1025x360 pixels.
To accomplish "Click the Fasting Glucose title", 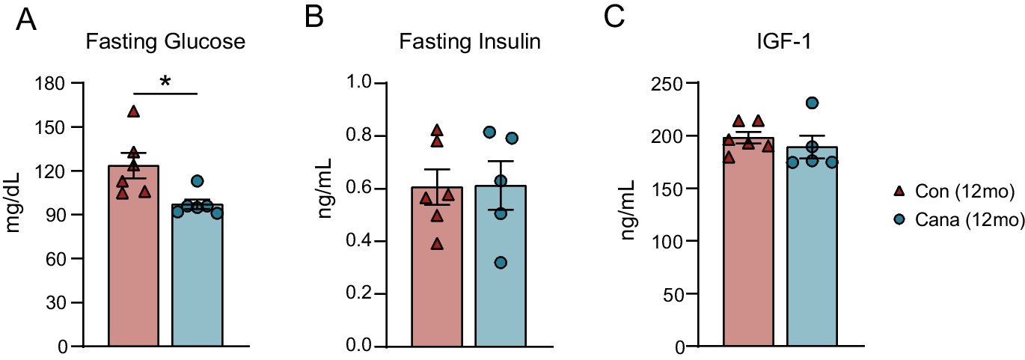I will click(165, 42).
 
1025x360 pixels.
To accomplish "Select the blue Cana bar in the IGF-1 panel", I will click(811, 254).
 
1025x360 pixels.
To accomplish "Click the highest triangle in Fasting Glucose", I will click(134, 112).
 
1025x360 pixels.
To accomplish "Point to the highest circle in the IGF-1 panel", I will click(812, 103).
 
